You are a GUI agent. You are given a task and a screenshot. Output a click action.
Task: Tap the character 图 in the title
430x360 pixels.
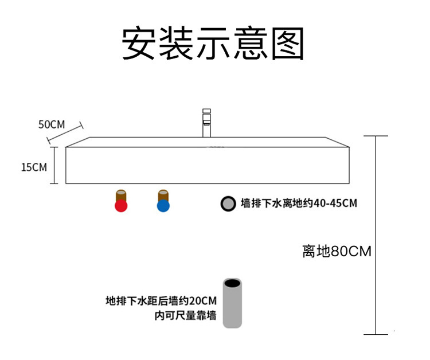[x=286, y=43]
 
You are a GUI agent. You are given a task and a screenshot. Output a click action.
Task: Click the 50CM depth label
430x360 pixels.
[x=52, y=124]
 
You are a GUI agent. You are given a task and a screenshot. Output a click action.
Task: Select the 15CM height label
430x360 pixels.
[x=33, y=167]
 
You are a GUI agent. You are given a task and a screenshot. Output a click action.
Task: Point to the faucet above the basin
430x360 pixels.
[x=206, y=122]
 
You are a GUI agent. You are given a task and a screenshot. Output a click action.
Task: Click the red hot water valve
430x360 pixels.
[x=121, y=205]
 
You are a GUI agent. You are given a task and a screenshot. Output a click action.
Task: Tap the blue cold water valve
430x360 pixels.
[x=163, y=205]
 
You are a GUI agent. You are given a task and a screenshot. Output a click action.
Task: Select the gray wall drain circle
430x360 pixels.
[x=228, y=204]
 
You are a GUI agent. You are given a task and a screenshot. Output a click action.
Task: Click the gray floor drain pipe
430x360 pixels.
[x=232, y=307]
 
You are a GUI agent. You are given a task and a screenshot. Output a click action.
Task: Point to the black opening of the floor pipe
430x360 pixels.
[x=232, y=283]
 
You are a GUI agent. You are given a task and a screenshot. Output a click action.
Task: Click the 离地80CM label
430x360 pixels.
[x=337, y=251]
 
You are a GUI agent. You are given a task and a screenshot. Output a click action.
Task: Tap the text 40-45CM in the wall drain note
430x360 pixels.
[x=334, y=204]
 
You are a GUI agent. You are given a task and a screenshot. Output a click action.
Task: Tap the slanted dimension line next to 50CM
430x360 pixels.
[x=65, y=134]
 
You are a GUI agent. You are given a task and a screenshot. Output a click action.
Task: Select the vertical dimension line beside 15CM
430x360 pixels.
[x=54, y=165]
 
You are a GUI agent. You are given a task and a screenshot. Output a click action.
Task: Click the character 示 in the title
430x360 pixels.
[x=212, y=43]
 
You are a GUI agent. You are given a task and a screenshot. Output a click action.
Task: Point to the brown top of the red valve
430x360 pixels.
[x=121, y=194]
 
